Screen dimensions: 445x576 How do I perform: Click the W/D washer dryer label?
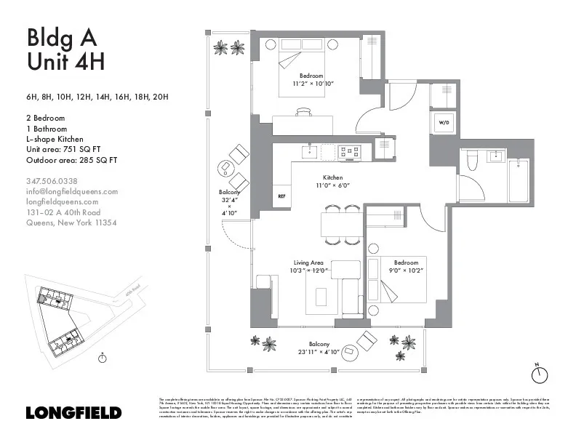444,124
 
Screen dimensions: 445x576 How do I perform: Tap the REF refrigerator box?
281,196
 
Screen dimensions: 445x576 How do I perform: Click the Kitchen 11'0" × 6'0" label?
333,182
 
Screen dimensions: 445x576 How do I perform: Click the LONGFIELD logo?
73,412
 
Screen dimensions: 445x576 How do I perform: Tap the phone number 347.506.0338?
52,181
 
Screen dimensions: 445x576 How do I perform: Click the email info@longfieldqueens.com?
71,191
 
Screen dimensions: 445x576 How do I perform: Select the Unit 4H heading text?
65,62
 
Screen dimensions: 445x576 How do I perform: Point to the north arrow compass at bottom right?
538,374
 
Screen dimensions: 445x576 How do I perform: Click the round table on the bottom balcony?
350,350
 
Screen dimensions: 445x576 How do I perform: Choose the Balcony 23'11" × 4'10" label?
319,348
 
